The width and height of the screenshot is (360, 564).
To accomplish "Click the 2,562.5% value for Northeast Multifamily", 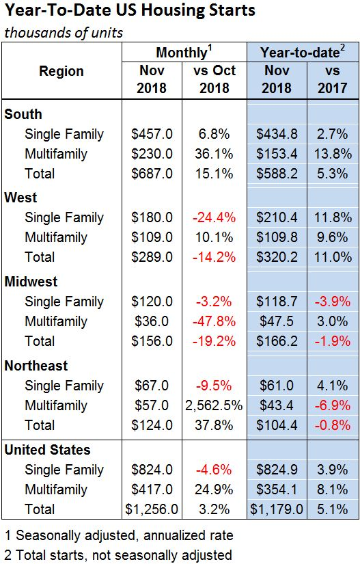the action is (214, 405).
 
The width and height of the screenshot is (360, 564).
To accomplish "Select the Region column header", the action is (61, 71).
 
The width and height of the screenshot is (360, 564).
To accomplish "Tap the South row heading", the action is (23, 114).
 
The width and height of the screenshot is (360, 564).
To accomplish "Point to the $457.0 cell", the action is (152, 134).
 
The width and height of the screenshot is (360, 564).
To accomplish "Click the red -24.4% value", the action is (214, 217).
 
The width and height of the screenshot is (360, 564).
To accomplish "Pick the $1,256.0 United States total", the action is (152, 509).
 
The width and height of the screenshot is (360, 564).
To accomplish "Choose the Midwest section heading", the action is (31, 282).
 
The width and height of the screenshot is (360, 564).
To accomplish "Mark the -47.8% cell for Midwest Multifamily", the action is (214, 321).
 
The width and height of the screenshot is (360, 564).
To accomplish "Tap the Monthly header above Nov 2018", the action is (184, 53).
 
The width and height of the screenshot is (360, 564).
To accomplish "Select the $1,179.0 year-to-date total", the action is (277, 509).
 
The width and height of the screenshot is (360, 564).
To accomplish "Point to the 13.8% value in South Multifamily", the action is (333, 154).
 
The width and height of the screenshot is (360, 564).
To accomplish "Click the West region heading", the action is (21, 198).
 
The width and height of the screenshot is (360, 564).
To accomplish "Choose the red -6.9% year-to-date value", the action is (333, 405).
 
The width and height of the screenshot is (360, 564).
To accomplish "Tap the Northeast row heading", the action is (36, 366).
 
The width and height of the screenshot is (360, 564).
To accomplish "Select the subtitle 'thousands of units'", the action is (64, 33).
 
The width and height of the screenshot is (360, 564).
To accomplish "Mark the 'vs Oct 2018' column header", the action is (214, 79).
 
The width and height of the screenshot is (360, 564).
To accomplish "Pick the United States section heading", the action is (47, 450).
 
